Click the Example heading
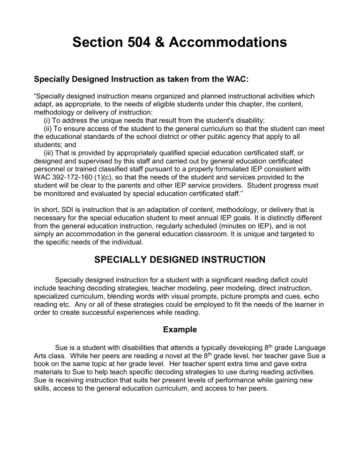coord(180,330)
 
